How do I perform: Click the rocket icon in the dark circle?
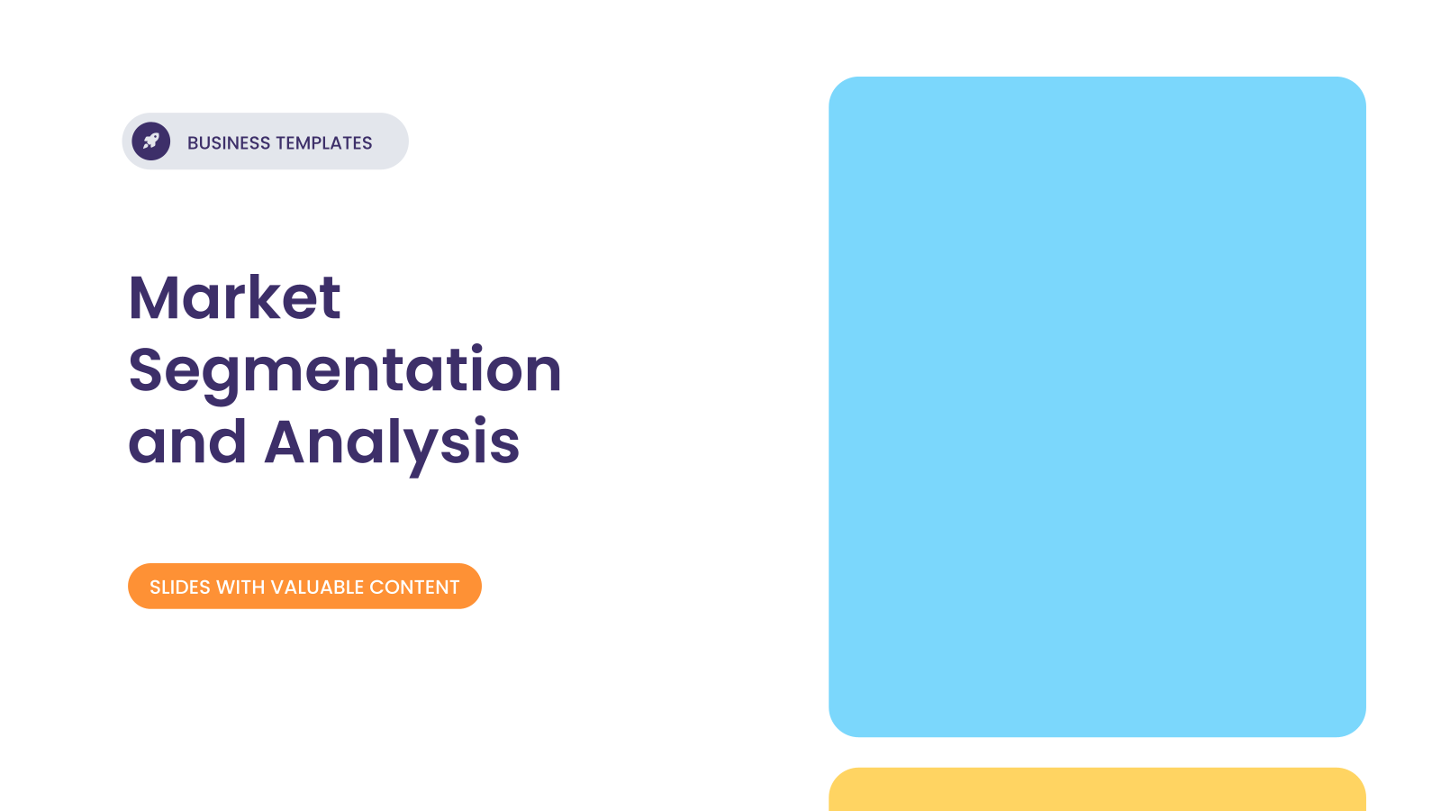(x=151, y=141)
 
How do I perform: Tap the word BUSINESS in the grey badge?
(x=229, y=143)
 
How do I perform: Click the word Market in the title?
(x=234, y=297)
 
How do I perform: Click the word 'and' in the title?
(x=187, y=442)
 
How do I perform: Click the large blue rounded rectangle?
(x=1097, y=406)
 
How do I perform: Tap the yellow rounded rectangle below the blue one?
(x=1097, y=789)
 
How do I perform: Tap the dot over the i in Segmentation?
(x=476, y=350)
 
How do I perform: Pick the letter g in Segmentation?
(x=222, y=381)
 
